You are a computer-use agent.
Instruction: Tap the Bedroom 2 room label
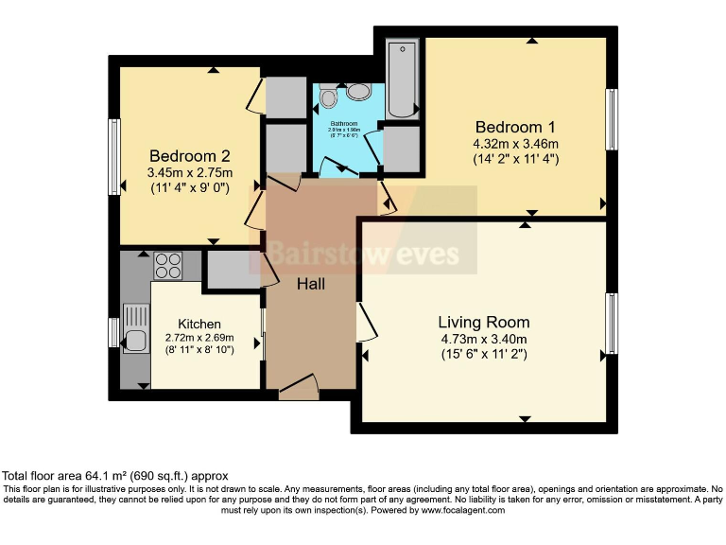[x=189, y=156]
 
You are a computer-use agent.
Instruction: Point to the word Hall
[x=312, y=284]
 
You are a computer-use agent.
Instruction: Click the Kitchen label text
[x=199, y=324]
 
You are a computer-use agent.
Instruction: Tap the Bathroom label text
[x=343, y=124]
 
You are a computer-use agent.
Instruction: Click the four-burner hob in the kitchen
[x=167, y=265]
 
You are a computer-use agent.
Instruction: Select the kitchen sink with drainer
[x=135, y=328]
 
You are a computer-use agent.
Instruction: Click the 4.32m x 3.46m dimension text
[x=516, y=144]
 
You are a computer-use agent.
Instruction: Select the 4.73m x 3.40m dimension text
[x=483, y=339]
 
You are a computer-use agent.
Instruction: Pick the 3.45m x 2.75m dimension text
[x=189, y=173]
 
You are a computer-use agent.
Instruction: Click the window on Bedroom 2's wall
[x=113, y=157]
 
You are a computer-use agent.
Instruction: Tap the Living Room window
[x=612, y=322]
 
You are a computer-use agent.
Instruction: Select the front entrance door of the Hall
[x=299, y=386]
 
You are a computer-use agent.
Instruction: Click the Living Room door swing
[x=367, y=322]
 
